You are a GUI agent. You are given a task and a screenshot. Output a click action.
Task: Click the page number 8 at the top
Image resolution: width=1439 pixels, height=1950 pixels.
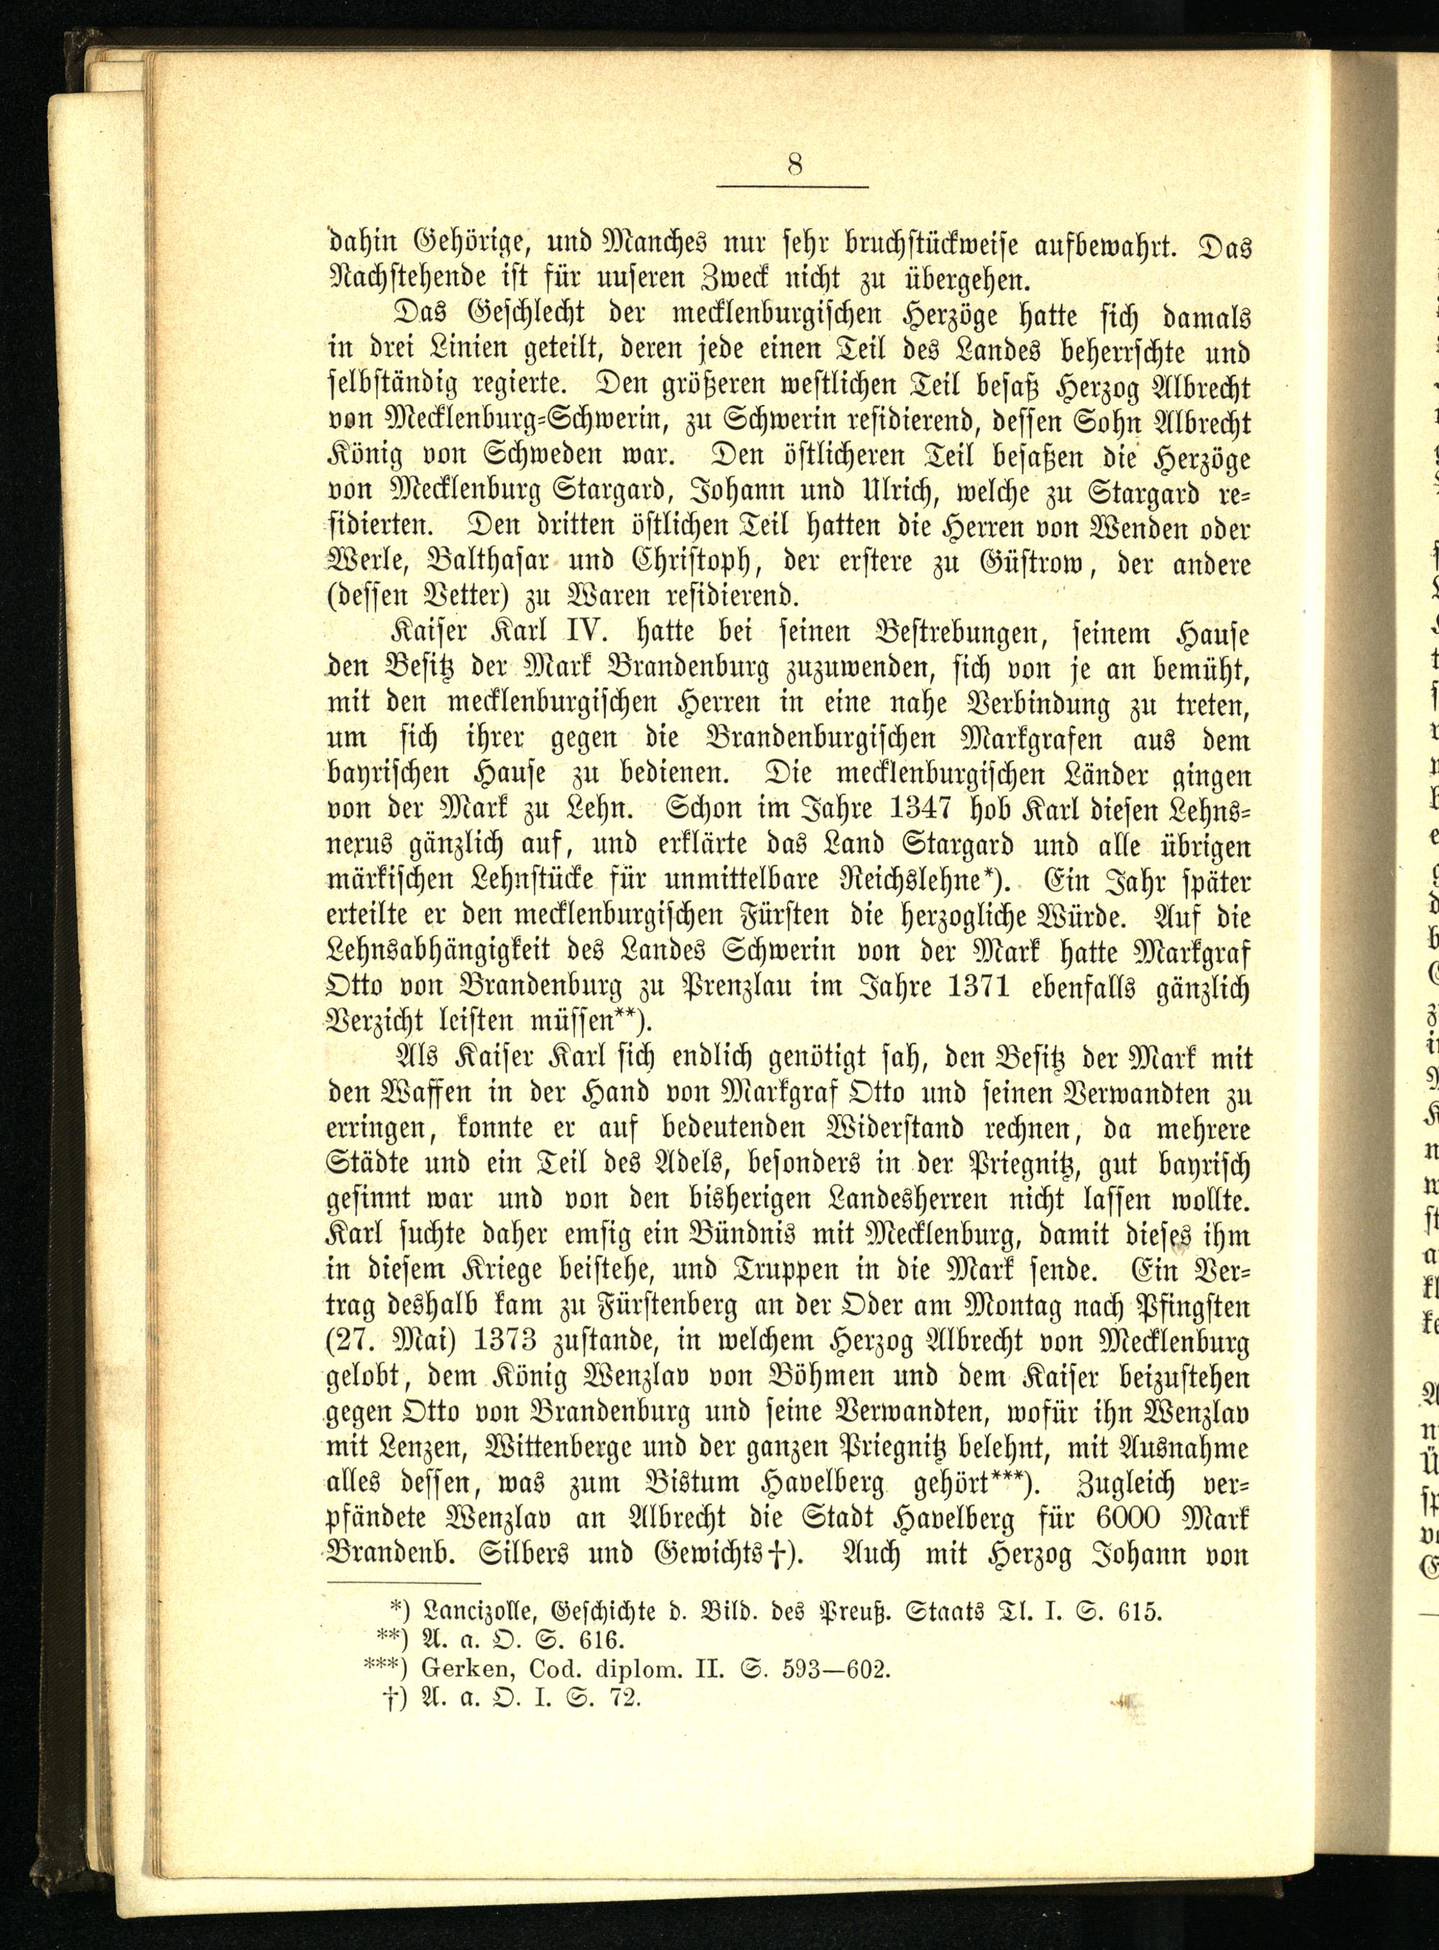(x=794, y=165)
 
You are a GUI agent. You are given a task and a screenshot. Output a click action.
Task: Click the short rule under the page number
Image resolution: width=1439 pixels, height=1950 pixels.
(x=794, y=187)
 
